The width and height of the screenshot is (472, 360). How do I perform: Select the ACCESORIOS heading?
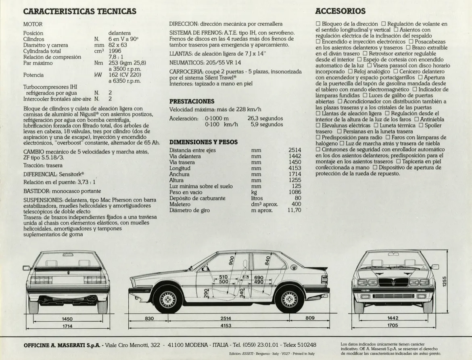[x=340, y=11]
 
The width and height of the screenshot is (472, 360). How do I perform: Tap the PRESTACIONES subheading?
[x=192, y=101]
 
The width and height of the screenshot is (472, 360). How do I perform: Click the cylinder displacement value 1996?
[x=115, y=51]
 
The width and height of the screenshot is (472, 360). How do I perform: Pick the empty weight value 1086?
[x=294, y=192]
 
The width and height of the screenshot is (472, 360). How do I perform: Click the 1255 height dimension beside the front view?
[x=445, y=282]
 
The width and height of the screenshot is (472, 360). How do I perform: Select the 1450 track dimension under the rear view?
[x=67, y=319]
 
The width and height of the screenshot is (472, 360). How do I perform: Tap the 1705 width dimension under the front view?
[x=393, y=325]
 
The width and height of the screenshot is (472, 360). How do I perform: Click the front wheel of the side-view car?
[x=168, y=299]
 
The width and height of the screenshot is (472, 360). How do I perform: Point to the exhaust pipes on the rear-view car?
[x=92, y=298]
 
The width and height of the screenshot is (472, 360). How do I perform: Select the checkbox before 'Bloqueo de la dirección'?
[x=318, y=24]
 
